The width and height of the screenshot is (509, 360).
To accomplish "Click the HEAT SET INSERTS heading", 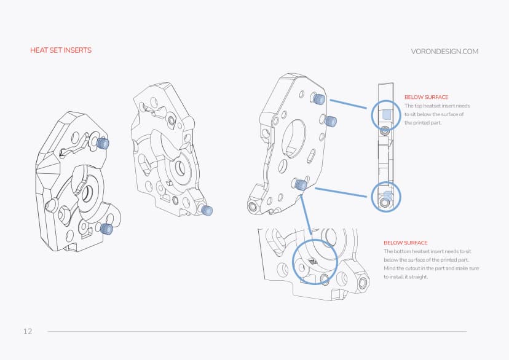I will pyautogui.click(x=61, y=50).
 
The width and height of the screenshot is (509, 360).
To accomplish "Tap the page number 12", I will pyautogui.click(x=28, y=331).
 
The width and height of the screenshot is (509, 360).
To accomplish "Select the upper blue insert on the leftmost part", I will pyautogui.click(x=103, y=143).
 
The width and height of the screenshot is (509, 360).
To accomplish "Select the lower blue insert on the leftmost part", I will pyautogui.click(x=106, y=229).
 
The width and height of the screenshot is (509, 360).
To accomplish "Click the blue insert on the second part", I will pyautogui.click(x=208, y=211).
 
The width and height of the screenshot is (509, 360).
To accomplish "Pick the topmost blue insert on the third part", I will pyautogui.click(x=318, y=99).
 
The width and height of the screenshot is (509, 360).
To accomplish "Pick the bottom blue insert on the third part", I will pyautogui.click(x=301, y=184).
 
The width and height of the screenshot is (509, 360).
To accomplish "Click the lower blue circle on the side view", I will pyautogui.click(x=386, y=197).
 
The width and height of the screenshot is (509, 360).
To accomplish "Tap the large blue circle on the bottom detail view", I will pyautogui.click(x=315, y=261).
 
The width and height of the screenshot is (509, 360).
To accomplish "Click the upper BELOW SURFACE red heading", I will pyautogui.click(x=426, y=97).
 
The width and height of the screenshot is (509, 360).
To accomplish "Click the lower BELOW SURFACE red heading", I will pyautogui.click(x=405, y=243).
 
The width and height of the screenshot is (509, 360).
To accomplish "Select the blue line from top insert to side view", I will pyautogui.click(x=351, y=106).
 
